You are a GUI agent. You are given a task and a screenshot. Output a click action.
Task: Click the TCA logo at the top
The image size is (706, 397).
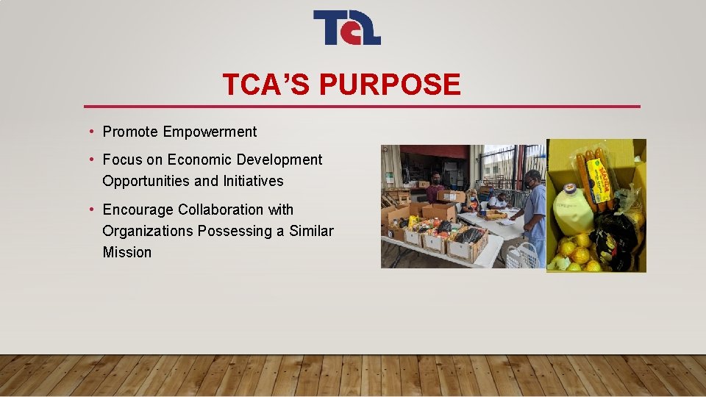point(346,28)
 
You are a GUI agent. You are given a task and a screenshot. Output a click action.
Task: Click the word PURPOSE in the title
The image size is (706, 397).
point(391,85)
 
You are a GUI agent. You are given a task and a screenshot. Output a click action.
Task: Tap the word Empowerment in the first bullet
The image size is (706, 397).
point(210,132)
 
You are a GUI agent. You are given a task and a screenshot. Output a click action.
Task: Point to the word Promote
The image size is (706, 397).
point(130,132)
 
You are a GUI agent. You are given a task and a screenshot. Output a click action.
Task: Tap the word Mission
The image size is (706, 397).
point(126,252)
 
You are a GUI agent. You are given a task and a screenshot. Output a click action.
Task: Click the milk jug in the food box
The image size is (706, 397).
point(571,210)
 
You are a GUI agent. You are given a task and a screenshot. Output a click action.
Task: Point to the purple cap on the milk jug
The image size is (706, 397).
point(568,188)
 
